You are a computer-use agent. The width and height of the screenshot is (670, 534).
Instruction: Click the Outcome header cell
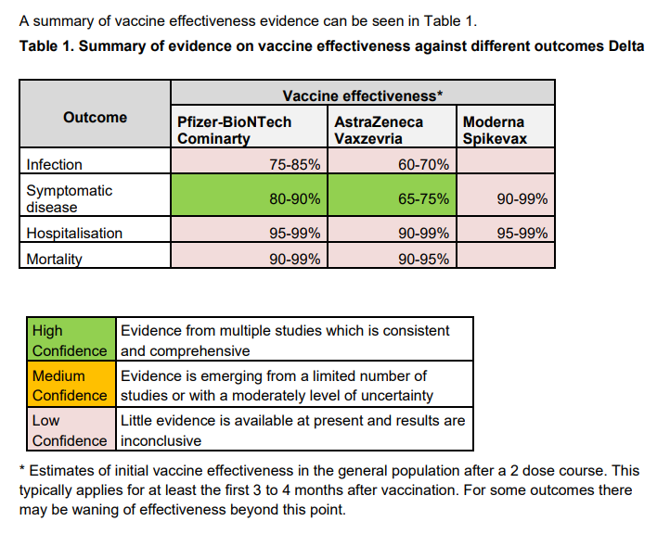coord(96,118)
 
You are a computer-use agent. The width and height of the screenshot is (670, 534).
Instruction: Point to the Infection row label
coord(55,165)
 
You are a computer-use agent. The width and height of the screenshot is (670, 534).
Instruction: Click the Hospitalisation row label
coord(74,234)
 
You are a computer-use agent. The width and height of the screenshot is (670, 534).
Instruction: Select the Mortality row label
coord(55,260)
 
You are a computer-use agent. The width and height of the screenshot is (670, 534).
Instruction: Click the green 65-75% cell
coord(392,198)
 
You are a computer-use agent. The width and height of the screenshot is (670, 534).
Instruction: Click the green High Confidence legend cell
coord(70,340)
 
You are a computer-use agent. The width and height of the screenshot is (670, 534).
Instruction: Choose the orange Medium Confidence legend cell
coord(70,386)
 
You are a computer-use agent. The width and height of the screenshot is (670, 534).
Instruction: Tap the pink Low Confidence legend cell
coord(70,430)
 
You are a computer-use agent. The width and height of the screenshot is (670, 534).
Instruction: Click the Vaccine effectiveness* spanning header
coord(362,95)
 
